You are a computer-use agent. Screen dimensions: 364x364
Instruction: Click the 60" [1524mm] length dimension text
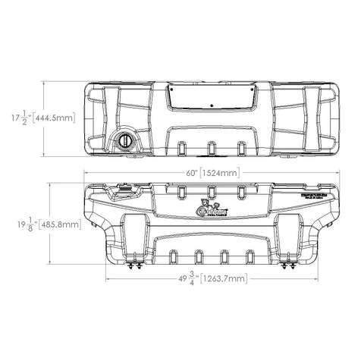(x=212, y=174)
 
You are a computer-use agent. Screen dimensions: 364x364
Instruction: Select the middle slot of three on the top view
(x=212, y=146)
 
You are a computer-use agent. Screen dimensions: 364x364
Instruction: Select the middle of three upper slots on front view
(x=212, y=192)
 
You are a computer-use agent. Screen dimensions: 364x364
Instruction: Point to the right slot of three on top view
(x=241, y=146)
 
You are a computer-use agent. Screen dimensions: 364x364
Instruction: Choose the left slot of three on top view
(x=182, y=146)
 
